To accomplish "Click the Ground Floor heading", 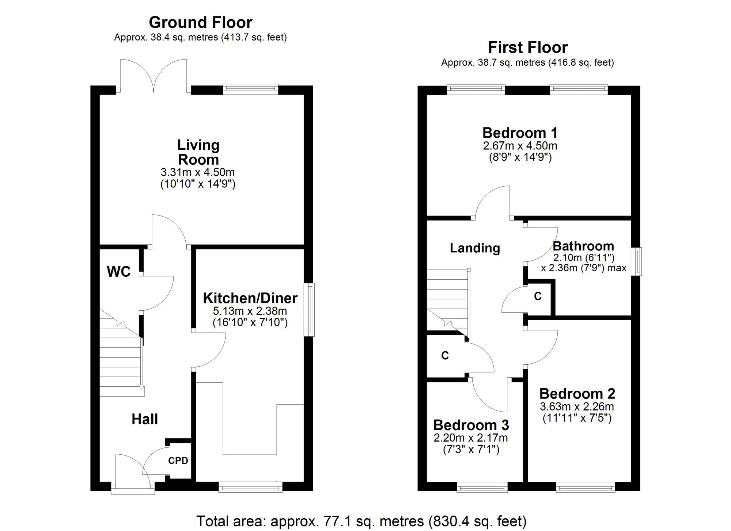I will point(200,23).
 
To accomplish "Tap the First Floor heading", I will point(528,47).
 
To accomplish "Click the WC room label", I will point(119,272).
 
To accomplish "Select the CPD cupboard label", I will point(178,461).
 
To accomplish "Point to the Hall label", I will point(145,419).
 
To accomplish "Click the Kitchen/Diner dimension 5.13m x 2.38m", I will point(250,311).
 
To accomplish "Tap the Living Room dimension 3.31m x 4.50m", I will point(198,172).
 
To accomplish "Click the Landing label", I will point(475,248).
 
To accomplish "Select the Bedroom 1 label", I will point(520,133).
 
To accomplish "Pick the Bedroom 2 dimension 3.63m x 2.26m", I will point(577,406).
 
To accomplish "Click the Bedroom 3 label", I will point(471,425).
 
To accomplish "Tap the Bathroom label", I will point(583,246).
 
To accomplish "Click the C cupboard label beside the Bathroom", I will point(538,297).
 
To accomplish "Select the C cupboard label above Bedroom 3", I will point(445,356).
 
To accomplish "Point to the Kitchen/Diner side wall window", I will point(310,309).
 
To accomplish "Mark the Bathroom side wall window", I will point(638,261).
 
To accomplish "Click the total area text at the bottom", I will point(361,521).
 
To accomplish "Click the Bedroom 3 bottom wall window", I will point(482,487).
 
